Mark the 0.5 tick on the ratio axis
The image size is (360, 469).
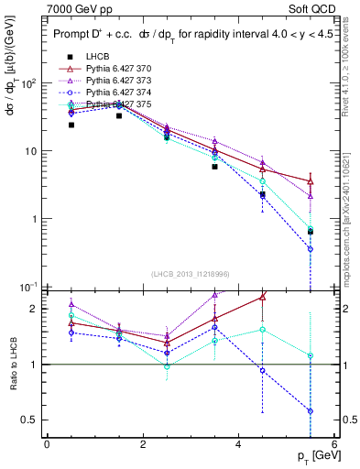[28, 420]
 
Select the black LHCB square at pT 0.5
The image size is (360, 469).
[71, 125]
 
